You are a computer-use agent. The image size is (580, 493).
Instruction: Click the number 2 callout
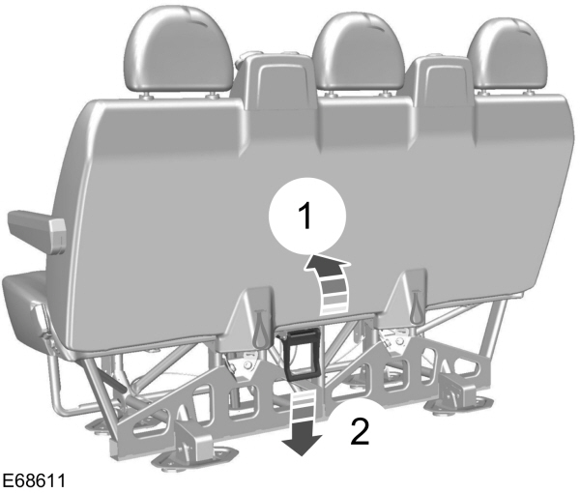[360, 431]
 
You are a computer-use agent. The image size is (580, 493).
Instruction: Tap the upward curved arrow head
[328, 265]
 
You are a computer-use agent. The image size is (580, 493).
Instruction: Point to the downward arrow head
[302, 444]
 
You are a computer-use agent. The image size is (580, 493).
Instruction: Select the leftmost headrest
[179, 49]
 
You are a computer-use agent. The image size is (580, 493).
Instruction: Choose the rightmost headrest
[507, 55]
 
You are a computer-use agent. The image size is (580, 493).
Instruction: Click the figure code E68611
[34, 481]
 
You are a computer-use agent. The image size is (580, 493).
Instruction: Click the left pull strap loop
[260, 325]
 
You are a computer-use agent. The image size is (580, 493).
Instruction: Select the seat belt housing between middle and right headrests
[440, 80]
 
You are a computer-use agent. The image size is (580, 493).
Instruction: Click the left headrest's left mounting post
[147, 97]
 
